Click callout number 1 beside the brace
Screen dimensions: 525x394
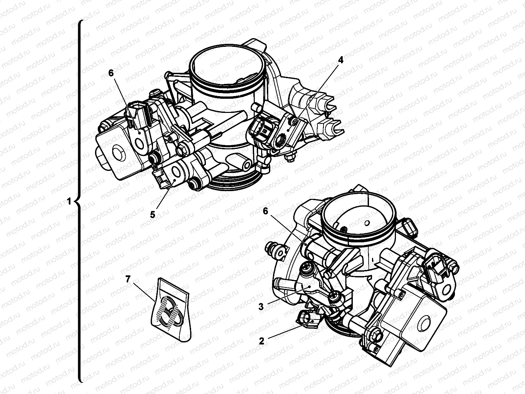pos(69,202)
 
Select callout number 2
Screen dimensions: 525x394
pos(261,341)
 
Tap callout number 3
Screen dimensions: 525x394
pos(261,306)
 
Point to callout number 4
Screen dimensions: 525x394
pos(340,60)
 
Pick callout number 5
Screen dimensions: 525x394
pos(153,215)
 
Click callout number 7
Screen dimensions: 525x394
pos(128,279)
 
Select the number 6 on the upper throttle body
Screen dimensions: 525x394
pos(111,73)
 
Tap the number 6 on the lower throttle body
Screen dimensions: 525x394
pos(266,211)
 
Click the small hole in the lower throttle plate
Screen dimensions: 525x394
pos(366,223)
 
